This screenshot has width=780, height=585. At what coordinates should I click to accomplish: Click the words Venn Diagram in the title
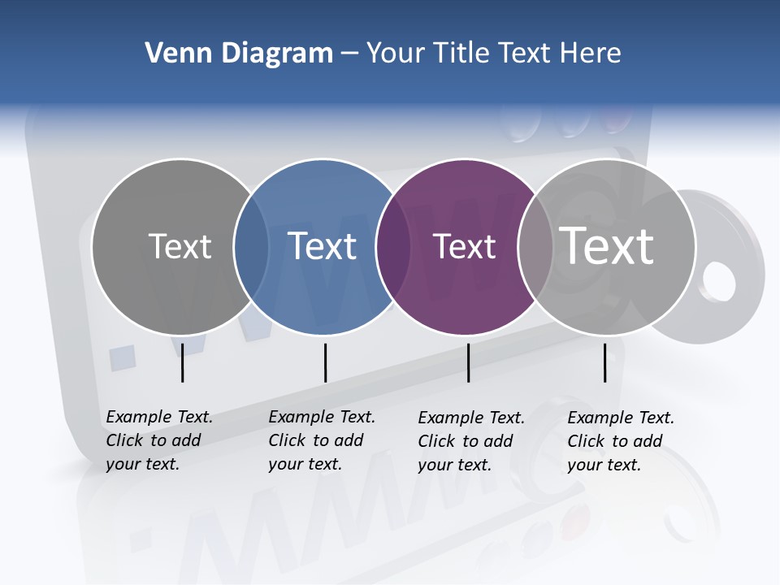point(239,54)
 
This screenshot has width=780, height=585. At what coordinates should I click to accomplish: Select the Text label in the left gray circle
point(180,246)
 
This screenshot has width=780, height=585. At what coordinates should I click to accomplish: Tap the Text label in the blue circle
point(323,246)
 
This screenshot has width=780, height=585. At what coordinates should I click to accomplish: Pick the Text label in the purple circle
point(464,246)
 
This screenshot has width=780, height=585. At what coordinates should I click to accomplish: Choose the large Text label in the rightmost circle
point(607,245)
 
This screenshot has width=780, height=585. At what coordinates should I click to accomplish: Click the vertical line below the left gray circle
point(182,362)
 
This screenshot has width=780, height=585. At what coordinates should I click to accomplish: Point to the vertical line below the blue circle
point(325,362)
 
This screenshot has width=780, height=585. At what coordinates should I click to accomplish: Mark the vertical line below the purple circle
point(468,362)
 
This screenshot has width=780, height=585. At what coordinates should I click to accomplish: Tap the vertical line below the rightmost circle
point(604,362)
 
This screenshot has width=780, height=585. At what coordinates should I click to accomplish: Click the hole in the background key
point(717,281)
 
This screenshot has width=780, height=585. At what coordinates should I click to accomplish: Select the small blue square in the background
point(122,357)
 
